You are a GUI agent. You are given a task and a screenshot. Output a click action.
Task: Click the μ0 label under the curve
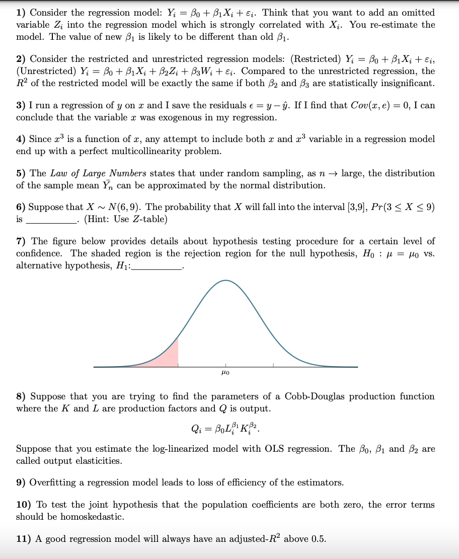[x=225, y=373]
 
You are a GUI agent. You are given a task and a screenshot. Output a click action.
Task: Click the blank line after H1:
[x=157, y=265]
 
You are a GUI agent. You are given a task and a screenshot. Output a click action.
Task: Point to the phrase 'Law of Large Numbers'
[x=99, y=173]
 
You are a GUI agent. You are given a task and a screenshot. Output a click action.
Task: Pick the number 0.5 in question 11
[x=318, y=539]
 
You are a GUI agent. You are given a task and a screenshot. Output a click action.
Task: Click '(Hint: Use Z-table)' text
[x=125, y=219]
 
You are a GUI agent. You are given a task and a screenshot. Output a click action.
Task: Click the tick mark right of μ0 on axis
[x=274, y=365]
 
